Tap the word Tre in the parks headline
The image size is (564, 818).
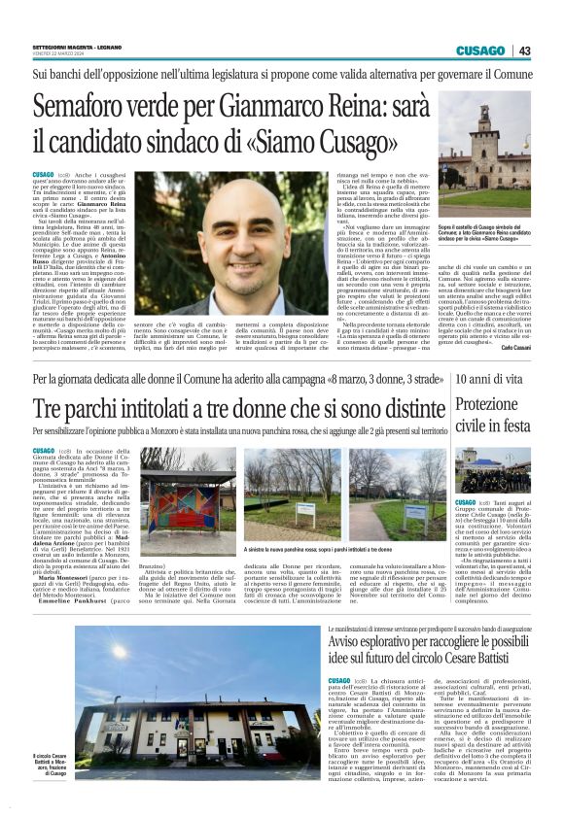[x=50, y=405]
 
